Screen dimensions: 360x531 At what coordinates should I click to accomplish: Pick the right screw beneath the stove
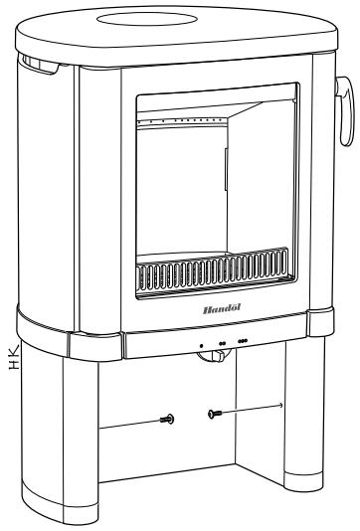(212, 412)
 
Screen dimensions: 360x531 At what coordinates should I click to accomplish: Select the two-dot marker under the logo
(221, 344)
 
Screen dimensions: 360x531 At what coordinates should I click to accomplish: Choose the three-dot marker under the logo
(244, 342)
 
